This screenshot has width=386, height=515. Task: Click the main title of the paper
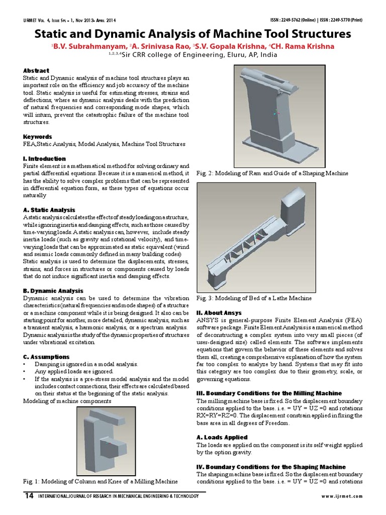[192, 34]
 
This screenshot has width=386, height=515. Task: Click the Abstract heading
[36, 71]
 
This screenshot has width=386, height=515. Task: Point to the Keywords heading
[38, 136]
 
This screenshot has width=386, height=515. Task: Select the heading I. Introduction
[44, 158]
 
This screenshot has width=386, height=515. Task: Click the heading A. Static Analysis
[49, 209]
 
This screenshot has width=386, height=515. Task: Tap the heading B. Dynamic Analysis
[53, 291]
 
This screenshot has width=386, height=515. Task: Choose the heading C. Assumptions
[46, 357]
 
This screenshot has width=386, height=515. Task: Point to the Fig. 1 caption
[101, 481]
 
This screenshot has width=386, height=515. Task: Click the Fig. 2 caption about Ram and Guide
[272, 173]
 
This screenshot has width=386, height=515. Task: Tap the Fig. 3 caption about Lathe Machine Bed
[254, 298]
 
